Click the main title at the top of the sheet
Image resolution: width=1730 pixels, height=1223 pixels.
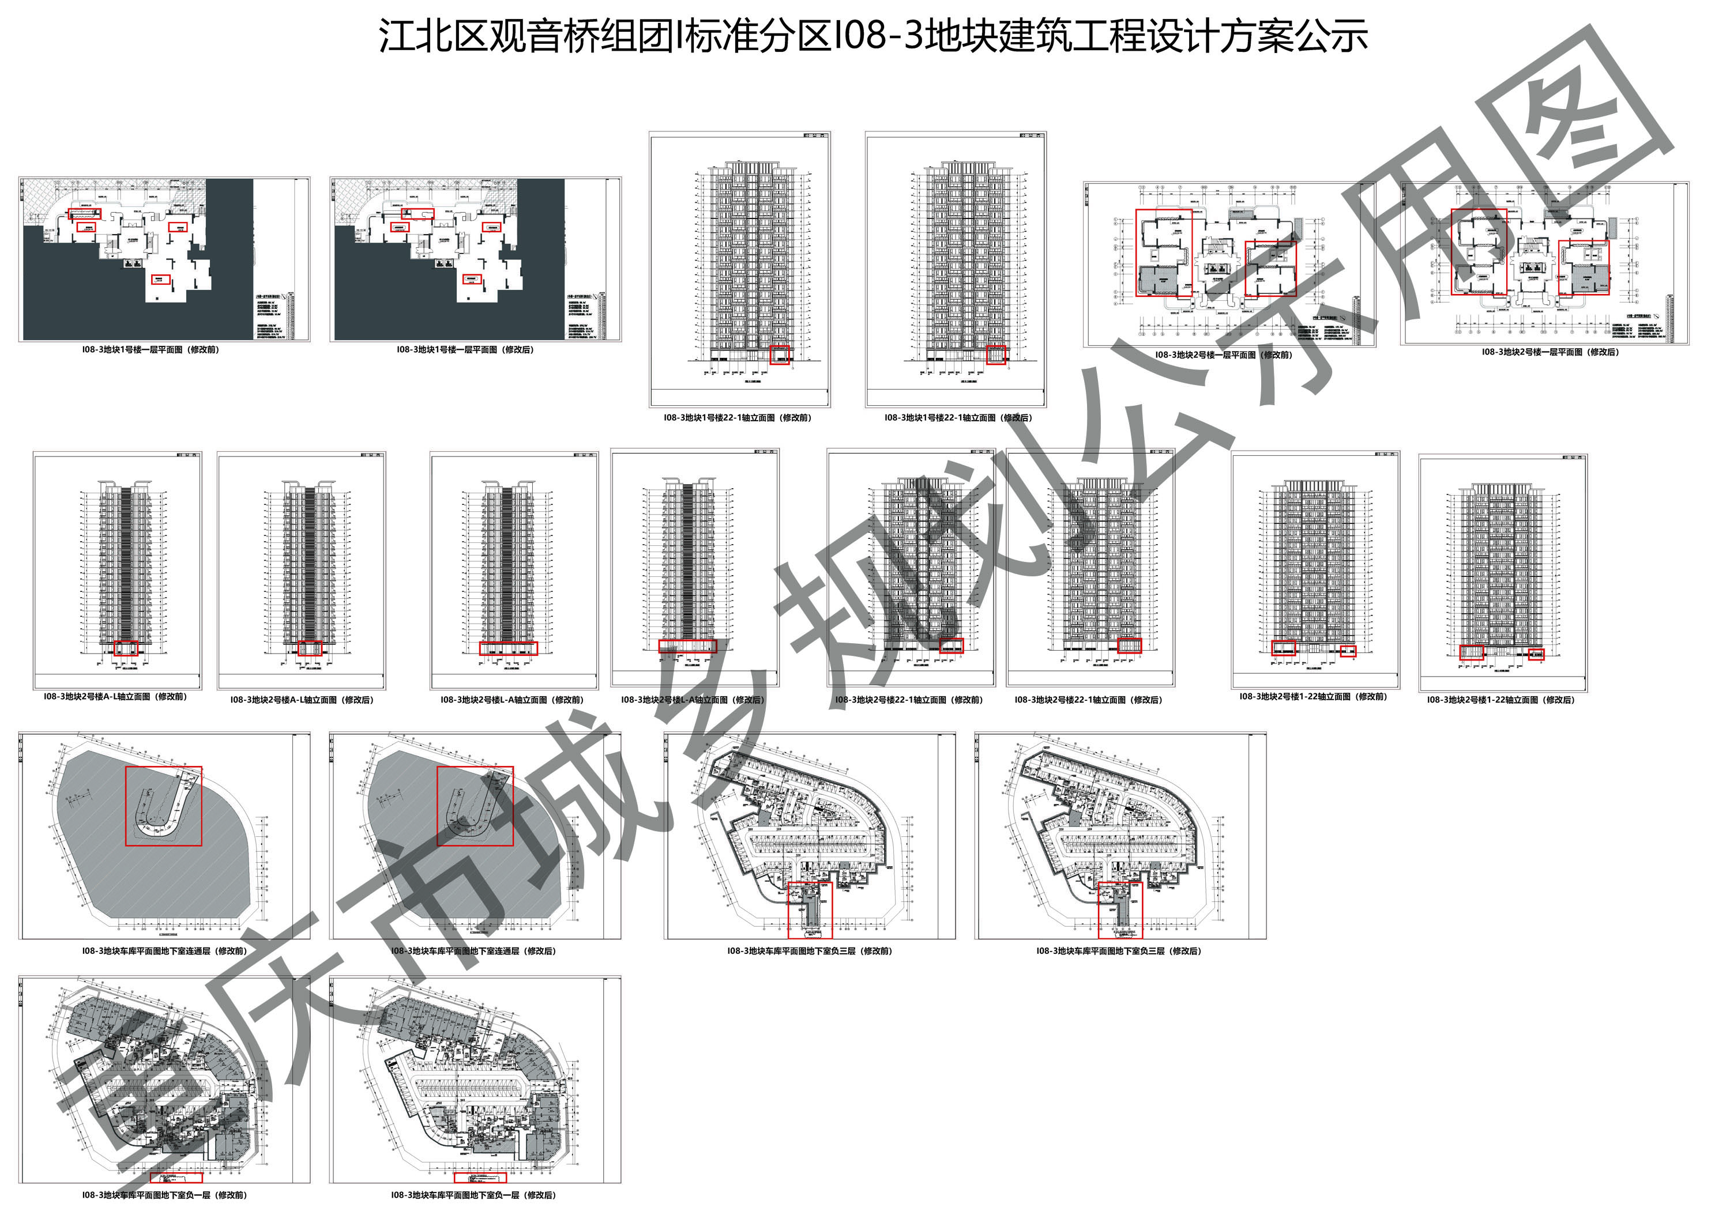(x=872, y=36)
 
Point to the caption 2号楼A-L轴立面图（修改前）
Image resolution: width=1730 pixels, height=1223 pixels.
(x=115, y=697)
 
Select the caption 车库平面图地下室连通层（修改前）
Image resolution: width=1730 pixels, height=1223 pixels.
(x=164, y=951)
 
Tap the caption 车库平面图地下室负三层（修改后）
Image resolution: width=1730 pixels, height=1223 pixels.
(x=1119, y=951)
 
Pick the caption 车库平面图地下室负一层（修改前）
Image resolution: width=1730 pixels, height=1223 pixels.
(x=164, y=1195)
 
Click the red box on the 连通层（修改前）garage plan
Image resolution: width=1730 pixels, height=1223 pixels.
(x=164, y=806)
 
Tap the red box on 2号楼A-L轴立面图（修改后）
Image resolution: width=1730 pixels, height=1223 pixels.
(x=310, y=648)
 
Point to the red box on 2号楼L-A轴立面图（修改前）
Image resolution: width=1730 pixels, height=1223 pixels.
(x=509, y=648)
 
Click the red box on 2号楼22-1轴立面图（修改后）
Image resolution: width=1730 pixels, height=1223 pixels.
(x=1130, y=646)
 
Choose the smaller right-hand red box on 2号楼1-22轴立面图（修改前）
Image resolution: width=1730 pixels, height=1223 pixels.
(x=1348, y=651)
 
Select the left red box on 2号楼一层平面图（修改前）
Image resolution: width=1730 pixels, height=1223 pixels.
(x=1164, y=253)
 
